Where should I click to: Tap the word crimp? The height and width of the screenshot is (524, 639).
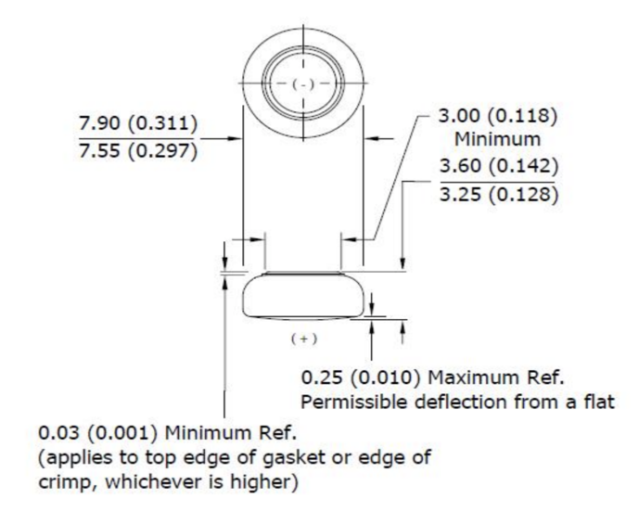pos(63,483)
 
